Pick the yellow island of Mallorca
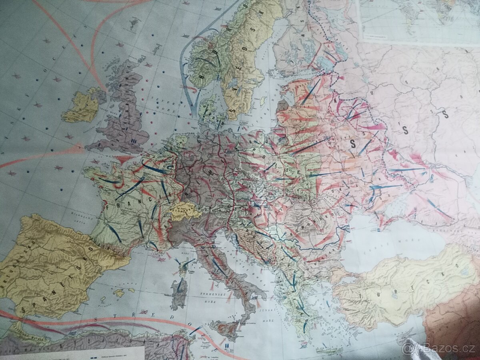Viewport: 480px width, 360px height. (118, 293)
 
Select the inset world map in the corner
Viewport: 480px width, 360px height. (418, 20)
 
